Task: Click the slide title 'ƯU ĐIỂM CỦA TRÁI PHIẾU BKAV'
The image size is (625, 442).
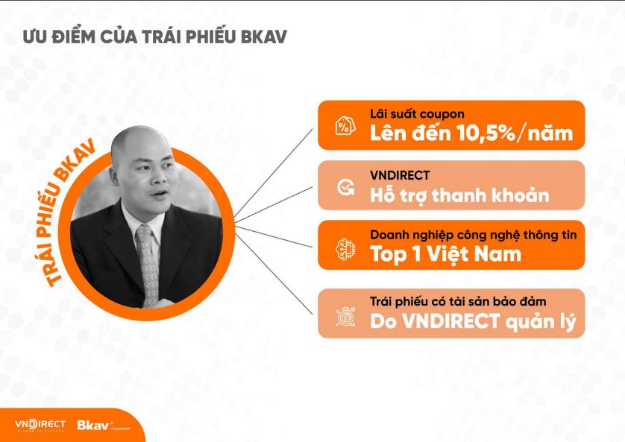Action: [154, 37]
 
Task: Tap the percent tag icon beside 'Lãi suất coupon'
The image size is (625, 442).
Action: [345, 126]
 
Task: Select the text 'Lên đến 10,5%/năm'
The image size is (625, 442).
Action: [471, 133]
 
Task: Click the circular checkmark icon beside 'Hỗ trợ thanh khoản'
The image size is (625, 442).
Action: [345, 187]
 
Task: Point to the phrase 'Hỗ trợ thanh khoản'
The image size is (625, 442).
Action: [459, 195]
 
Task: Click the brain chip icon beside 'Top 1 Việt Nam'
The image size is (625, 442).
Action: [345, 250]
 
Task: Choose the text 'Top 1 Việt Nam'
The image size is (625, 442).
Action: [445, 254]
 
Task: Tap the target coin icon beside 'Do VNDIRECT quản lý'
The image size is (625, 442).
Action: [345, 317]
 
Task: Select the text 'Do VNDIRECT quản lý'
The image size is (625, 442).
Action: [473, 322]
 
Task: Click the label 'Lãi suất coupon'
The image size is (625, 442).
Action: [417, 114]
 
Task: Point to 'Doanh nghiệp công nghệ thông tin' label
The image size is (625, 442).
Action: [473, 235]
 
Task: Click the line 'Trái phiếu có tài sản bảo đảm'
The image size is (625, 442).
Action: [458, 301]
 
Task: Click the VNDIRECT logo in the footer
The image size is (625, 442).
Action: [40, 426]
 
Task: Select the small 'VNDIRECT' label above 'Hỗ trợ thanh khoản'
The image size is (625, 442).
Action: [400, 175]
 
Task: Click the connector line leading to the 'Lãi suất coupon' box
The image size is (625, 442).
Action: [274, 173]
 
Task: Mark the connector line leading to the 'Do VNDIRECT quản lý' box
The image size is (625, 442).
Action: [274, 274]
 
